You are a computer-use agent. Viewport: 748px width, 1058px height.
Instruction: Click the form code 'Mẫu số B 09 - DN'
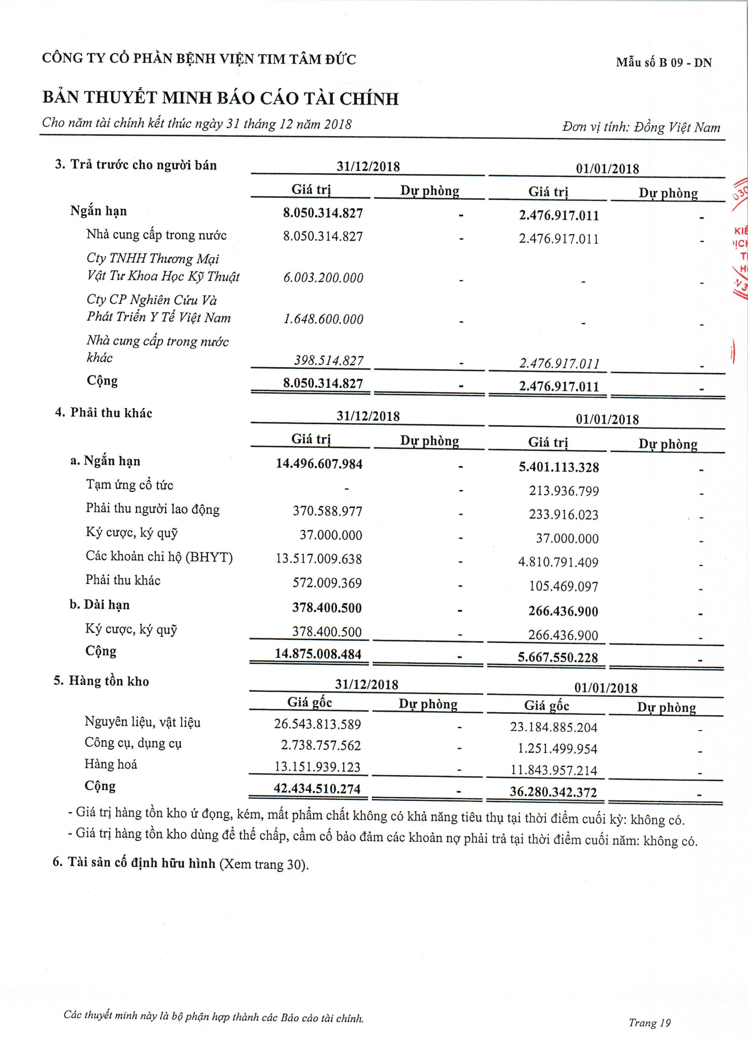click(664, 63)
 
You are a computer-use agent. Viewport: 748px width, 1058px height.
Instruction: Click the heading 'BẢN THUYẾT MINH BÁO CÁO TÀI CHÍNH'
click(220, 98)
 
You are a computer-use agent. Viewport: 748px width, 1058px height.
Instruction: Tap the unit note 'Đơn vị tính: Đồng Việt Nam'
click(641, 127)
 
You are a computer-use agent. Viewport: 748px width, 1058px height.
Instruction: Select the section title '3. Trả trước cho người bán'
click(136, 165)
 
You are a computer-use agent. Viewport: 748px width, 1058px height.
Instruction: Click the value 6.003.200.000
click(323, 278)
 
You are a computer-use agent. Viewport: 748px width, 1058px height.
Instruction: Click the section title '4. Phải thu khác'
click(104, 413)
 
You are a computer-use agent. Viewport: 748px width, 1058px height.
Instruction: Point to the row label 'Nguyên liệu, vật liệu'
click(142, 722)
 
